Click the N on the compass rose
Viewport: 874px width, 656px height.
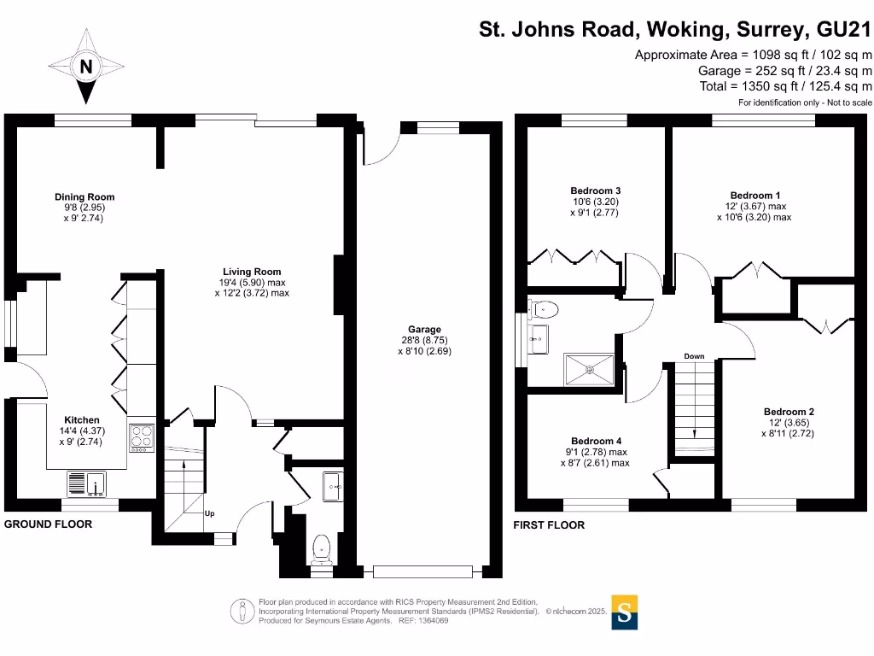85,66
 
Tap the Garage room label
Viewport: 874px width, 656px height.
424,330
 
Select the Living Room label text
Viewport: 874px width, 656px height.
252,272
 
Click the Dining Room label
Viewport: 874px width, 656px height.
84,197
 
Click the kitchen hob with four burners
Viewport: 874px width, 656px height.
141,437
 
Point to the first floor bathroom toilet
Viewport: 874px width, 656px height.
544,309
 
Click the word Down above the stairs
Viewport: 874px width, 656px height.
694,356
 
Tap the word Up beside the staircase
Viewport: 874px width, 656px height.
209,513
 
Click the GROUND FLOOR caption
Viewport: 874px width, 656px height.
48,524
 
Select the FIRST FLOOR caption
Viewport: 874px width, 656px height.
549,525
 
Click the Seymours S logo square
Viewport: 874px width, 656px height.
625,612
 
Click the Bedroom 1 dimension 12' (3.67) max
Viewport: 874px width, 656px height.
754,206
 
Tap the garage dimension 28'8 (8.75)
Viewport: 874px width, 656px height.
424,340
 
